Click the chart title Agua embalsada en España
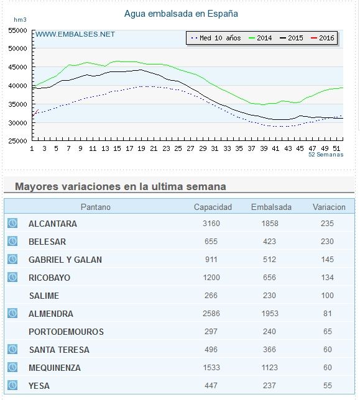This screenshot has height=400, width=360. (x=181, y=14)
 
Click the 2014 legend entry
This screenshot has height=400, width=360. (x=260, y=38)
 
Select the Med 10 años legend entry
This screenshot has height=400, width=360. (x=216, y=38)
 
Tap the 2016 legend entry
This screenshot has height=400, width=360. (x=323, y=38)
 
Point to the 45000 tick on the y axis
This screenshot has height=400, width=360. (x=17, y=67)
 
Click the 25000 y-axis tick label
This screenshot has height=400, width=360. (x=17, y=141)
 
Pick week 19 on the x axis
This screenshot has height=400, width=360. (x=141, y=148)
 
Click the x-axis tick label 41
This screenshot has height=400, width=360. (x=275, y=148)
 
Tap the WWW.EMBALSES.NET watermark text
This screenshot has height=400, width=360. (x=75, y=34)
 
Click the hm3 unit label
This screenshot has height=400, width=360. (x=20, y=20)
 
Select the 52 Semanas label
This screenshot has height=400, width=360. (x=326, y=154)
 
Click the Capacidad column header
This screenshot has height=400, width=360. (x=213, y=207)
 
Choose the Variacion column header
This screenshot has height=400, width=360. (x=329, y=207)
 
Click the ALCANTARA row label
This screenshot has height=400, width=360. (x=53, y=224)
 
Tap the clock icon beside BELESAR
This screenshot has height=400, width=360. (x=12, y=241)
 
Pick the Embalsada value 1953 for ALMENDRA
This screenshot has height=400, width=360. (x=270, y=314)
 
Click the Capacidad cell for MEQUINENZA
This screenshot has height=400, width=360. (x=211, y=368)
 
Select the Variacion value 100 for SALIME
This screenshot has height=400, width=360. (x=327, y=296)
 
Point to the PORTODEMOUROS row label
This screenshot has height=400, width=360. (x=66, y=332)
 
